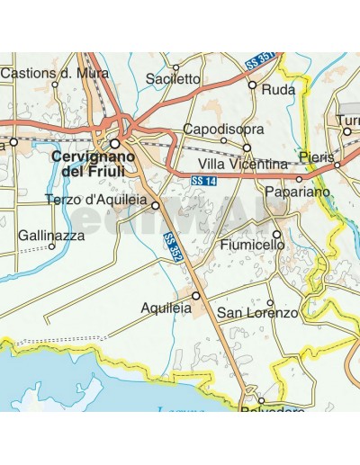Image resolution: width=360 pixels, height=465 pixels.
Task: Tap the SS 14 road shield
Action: pyautogui.click(x=204, y=182)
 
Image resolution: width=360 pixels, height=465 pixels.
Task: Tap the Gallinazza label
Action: pyautogui.click(x=51, y=235)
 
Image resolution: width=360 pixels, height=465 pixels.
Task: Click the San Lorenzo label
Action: pyautogui.click(x=258, y=313)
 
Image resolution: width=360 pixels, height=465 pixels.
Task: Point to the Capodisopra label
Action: pyautogui.click(x=216, y=130)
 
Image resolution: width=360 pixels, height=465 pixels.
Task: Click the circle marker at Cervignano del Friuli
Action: pyautogui.click(x=116, y=142)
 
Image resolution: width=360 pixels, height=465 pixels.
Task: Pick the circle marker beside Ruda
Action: pyautogui.click(x=253, y=86)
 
